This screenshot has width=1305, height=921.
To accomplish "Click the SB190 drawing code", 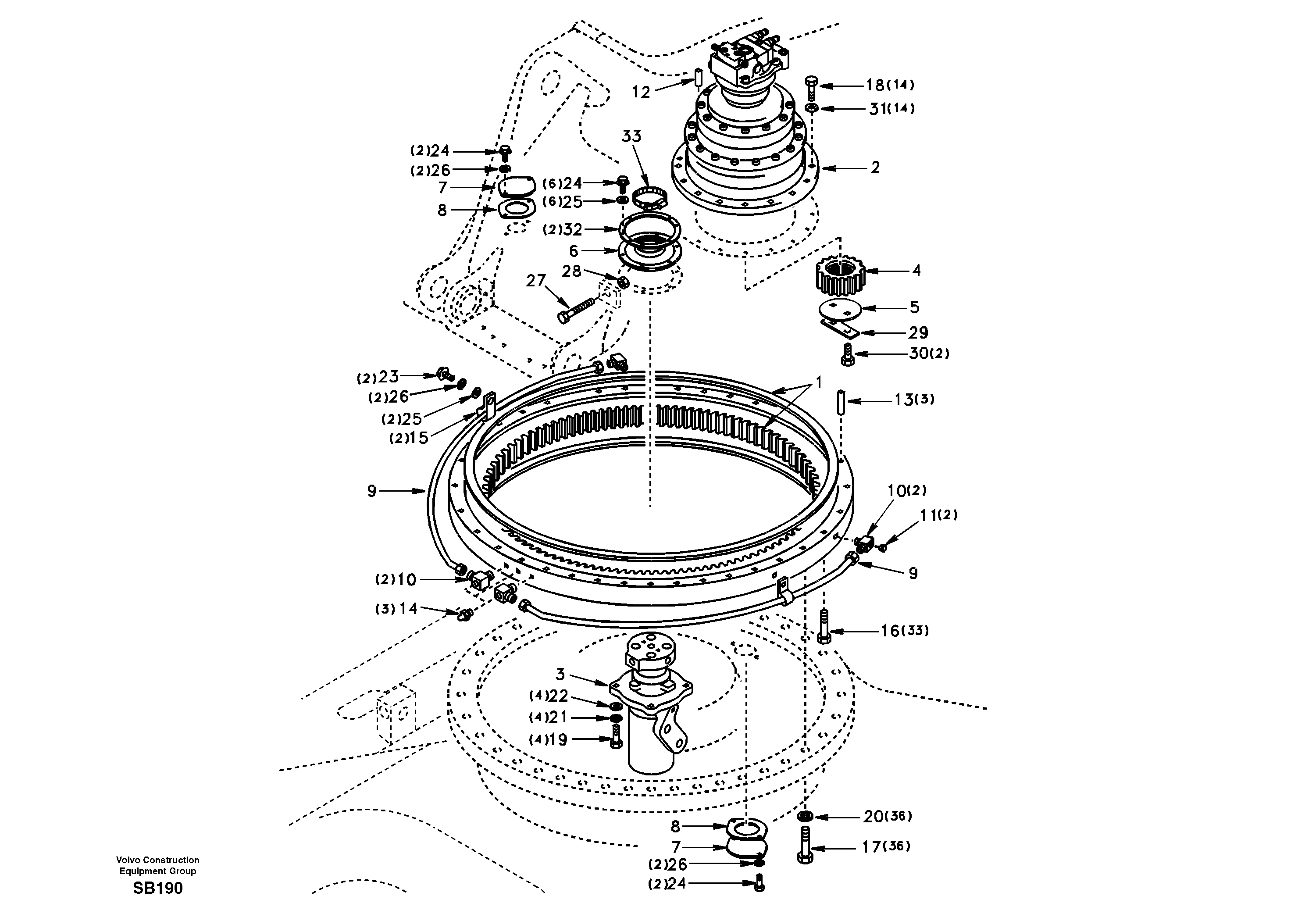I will tap(157, 889).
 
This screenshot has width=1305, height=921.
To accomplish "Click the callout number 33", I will tap(631, 136).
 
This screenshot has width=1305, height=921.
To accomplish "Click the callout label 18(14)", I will tap(890, 85).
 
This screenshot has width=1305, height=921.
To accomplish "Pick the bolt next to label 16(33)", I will tap(824, 626).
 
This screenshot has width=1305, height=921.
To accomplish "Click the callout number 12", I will tap(641, 92).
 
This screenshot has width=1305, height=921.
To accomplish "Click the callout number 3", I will tap(560, 675).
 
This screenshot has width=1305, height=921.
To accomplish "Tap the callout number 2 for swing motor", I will tap(875, 168).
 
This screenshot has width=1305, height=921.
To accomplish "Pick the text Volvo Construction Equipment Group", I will tap(157, 865).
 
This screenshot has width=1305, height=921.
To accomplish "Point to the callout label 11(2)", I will tap(938, 515).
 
